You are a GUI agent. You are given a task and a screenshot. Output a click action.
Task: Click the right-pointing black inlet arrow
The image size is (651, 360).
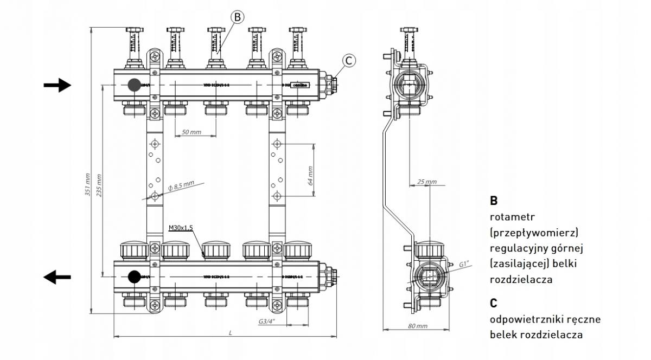tap(57, 85)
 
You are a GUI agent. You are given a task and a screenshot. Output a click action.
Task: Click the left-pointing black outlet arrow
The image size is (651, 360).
tap(56, 277)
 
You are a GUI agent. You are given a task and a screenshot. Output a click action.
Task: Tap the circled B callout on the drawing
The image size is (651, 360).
tap(238, 17)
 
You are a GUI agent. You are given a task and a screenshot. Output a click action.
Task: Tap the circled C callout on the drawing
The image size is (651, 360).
tap(350, 61)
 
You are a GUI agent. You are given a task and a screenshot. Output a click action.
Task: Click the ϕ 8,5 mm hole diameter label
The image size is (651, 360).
tap(181, 186)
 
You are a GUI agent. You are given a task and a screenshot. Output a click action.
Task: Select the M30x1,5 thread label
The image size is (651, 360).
tap(181, 228)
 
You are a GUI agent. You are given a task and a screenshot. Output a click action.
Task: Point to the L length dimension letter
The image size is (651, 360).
tap(231, 332)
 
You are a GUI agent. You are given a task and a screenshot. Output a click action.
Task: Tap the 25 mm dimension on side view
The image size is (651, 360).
tap(427, 182)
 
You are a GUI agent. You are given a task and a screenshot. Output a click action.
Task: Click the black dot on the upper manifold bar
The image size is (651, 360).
tap(133, 85)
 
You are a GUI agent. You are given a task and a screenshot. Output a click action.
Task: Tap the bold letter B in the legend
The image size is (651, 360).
tap(494, 201)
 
